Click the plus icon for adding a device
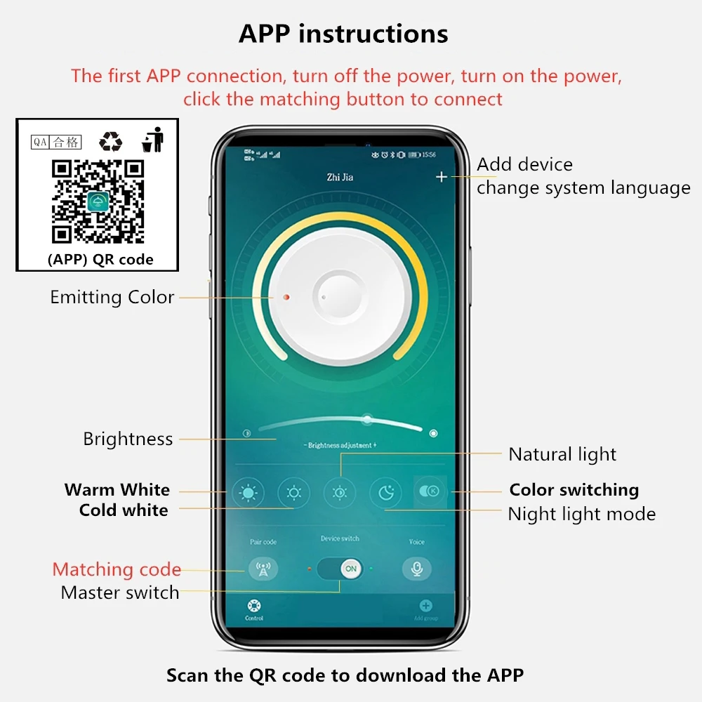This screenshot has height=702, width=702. [441, 177]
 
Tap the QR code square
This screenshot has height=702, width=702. [98, 201]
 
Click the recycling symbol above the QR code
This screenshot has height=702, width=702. [110, 141]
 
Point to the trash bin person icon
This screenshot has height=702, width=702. [153, 140]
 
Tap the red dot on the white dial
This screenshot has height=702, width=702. [286, 298]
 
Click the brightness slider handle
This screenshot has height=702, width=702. [366, 420]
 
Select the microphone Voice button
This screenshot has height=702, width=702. [417, 569]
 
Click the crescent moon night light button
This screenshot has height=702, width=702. [385, 492]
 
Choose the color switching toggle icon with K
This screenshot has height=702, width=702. [428, 491]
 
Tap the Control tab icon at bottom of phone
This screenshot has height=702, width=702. [254, 607]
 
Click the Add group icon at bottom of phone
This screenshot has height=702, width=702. [425, 607]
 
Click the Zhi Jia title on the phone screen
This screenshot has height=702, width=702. [340, 177]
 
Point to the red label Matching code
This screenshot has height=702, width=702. [117, 569]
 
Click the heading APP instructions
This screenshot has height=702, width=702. [343, 34]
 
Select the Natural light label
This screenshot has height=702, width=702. [562, 454]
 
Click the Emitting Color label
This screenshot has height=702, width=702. [112, 297]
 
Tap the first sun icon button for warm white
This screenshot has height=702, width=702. [248, 493]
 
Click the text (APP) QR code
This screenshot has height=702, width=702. [100, 259]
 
